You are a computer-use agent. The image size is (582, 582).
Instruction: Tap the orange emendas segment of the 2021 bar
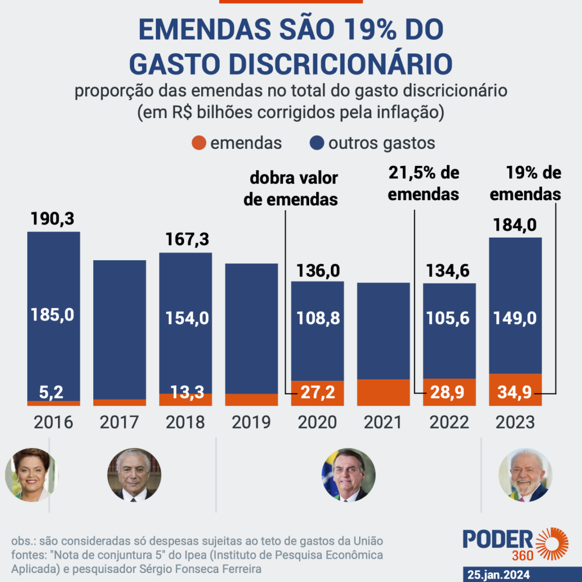pos(383,392)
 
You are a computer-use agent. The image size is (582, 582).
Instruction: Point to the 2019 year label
pos(251,422)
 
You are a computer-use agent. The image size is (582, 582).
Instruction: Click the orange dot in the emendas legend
pos(198,143)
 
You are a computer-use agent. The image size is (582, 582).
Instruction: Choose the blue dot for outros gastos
pos(317,143)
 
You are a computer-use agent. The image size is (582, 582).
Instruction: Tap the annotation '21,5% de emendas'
pos(423,183)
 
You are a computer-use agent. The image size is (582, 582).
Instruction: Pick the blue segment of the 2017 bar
pos(119,330)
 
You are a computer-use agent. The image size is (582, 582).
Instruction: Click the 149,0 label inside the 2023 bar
pos(516,318)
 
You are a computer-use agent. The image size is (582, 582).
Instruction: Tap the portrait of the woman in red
pos(27,474)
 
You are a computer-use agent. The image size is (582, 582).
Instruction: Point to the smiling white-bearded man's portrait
pos(525,475)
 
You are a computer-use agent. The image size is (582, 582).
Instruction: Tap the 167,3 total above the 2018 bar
pos(185,239)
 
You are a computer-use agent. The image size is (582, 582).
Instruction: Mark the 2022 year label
pos(449,422)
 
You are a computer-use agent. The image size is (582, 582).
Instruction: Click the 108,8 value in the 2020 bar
pos(318,318)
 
